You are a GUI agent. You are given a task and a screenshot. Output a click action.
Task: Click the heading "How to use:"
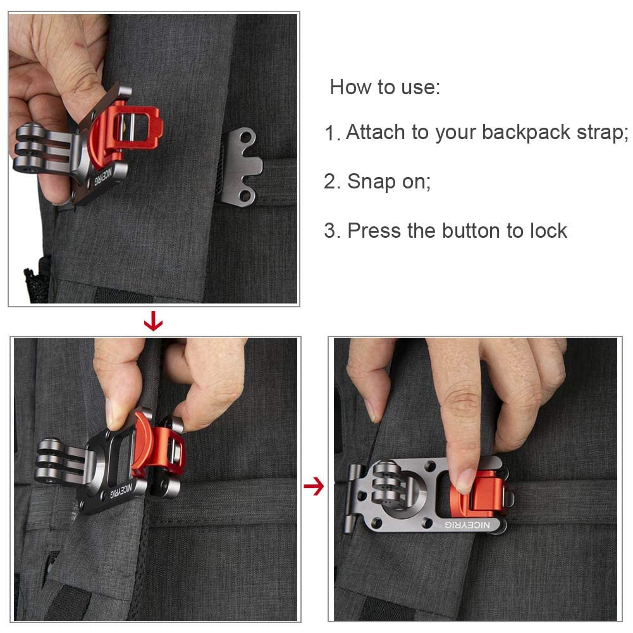tap(384, 87)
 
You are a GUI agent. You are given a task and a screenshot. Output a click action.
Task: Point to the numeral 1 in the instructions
tap(331, 133)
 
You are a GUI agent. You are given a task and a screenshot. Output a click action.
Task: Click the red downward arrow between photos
tap(153, 323)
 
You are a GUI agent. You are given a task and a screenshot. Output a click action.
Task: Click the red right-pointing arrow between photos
tap(313, 486)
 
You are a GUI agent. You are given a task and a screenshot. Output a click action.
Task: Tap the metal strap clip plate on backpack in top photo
tap(242, 166)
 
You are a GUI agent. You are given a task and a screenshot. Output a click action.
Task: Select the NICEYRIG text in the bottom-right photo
tap(467, 524)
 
